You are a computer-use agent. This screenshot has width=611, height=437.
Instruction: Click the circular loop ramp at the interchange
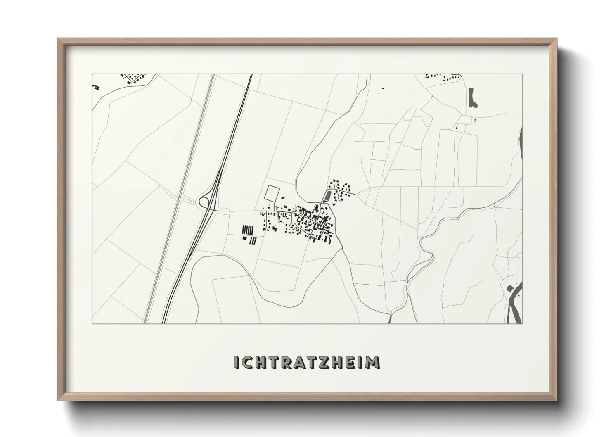[x=204, y=202]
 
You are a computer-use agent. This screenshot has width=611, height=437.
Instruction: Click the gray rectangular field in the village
[x=328, y=196]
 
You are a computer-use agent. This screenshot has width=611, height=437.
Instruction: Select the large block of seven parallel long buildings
[x=246, y=230]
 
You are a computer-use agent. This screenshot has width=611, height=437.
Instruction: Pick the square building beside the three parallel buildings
[x=244, y=238]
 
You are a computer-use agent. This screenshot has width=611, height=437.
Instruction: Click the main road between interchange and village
[x=235, y=211]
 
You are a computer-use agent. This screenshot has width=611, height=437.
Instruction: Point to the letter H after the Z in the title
[x=339, y=362]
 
